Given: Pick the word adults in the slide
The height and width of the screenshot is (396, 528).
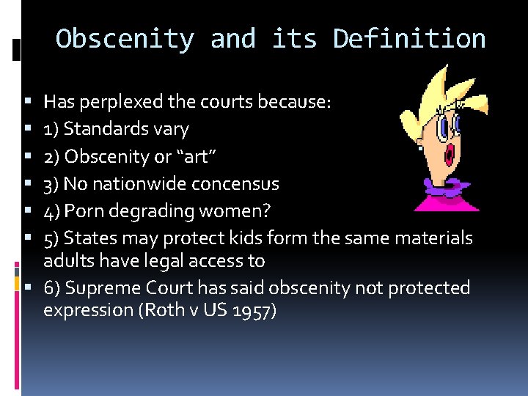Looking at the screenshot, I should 66,260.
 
